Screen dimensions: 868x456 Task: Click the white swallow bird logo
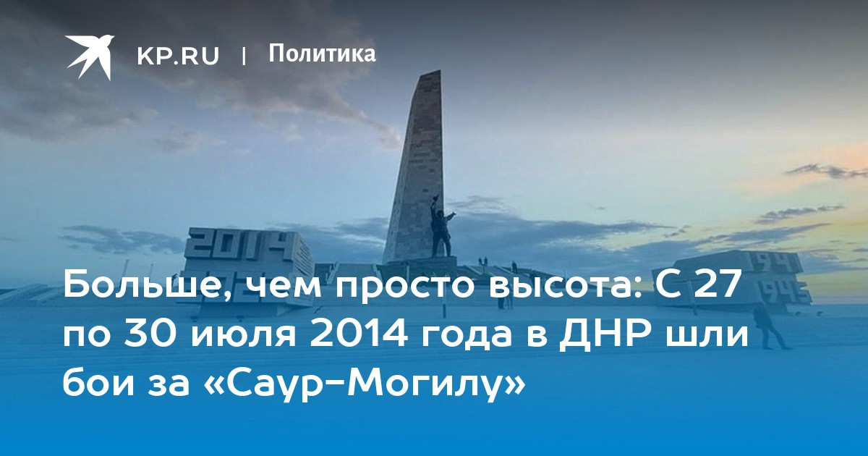click(x=90, y=57)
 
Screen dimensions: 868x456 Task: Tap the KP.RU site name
click(x=178, y=56)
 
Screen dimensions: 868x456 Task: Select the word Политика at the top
click(x=322, y=54)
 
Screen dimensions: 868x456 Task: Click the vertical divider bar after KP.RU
click(x=244, y=56)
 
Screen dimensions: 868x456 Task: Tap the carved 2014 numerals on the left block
click(x=240, y=246)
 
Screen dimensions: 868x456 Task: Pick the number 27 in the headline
click(x=715, y=284)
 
